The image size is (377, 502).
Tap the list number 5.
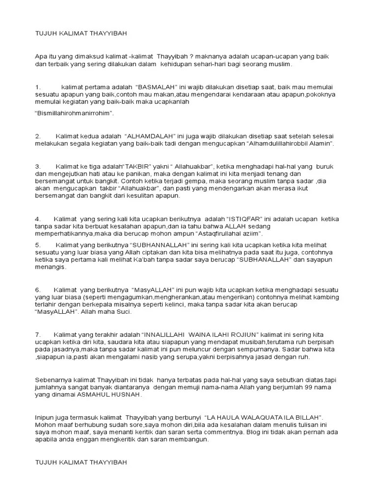[x=38, y=244]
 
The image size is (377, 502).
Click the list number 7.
[x=38, y=334]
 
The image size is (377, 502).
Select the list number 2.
[x=38, y=136]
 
